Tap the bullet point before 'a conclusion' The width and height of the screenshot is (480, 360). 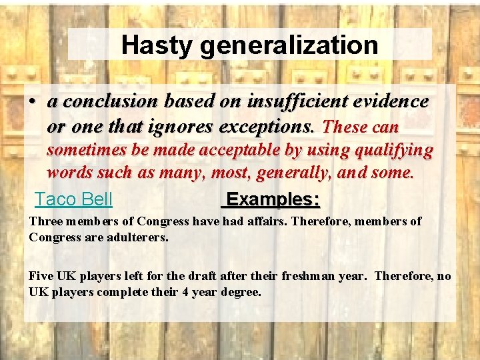coord(31,102)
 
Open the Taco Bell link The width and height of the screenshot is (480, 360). coord(73,199)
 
